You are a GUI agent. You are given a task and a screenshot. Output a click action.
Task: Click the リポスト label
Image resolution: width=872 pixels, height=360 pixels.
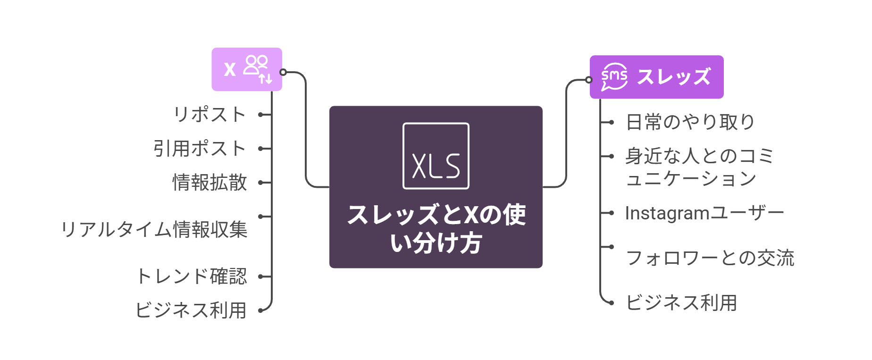click(210, 115)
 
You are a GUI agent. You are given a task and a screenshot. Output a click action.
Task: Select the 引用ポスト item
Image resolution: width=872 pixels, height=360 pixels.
click(200, 149)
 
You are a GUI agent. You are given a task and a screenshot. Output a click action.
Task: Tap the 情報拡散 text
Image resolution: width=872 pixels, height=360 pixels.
click(210, 183)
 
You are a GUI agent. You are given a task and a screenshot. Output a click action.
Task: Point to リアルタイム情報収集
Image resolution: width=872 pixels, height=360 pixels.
click(154, 230)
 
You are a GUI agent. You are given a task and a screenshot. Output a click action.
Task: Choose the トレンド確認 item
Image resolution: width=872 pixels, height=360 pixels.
click(192, 276)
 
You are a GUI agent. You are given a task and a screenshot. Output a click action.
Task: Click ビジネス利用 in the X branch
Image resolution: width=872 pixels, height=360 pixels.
click(191, 310)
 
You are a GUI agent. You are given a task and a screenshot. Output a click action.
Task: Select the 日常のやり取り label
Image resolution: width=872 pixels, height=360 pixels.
click(690, 122)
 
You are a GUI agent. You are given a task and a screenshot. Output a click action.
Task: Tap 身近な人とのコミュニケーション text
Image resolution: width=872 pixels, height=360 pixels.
click(699, 167)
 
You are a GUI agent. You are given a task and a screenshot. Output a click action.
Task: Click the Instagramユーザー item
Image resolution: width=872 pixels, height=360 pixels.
click(704, 213)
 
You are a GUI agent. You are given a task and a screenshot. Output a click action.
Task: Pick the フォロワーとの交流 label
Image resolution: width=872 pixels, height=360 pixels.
click(710, 258)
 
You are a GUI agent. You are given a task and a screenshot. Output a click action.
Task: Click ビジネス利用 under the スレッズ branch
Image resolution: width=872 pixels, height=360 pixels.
click(681, 302)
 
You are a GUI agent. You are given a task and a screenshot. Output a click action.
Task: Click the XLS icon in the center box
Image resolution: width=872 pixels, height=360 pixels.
click(436, 156)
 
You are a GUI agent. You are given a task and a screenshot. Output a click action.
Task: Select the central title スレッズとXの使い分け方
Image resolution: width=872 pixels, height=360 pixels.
click(436, 229)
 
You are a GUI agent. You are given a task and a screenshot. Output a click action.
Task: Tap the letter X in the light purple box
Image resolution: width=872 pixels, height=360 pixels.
click(230, 70)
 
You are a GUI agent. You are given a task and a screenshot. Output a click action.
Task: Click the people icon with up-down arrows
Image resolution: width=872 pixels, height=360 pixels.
click(258, 69)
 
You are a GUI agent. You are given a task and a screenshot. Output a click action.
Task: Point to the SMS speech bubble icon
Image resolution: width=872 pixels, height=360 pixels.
click(614, 77)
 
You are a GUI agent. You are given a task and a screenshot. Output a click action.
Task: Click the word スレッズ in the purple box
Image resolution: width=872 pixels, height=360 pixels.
click(673, 77)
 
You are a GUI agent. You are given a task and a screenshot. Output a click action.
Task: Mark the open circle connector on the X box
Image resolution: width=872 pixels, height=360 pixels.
click(283, 72)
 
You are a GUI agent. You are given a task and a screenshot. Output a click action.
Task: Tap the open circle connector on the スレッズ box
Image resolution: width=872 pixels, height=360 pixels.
click(589, 80)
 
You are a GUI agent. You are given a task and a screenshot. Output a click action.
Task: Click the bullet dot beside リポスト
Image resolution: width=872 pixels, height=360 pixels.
click(260, 115)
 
